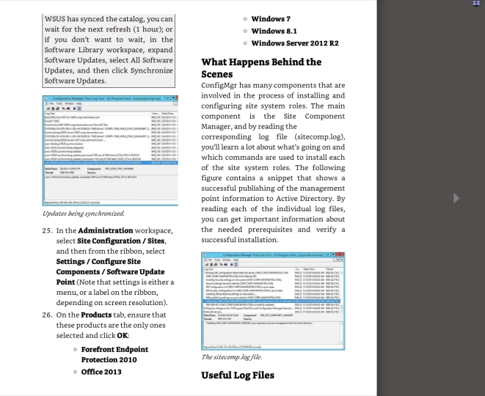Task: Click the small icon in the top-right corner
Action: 477,4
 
